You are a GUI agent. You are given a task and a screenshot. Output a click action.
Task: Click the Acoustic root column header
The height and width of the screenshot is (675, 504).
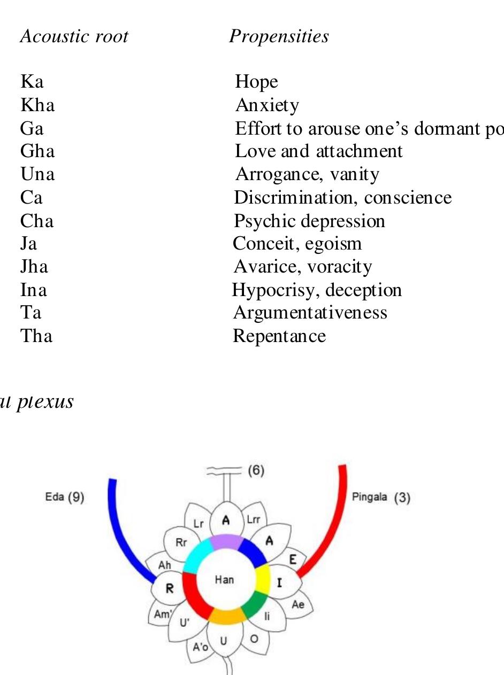click(x=74, y=36)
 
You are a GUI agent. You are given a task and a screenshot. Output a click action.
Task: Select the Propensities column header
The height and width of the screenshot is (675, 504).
click(x=279, y=36)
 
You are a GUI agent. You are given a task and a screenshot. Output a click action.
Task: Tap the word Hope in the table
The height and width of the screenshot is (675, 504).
click(x=256, y=81)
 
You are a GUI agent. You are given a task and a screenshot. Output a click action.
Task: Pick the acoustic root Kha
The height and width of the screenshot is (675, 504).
click(x=37, y=105)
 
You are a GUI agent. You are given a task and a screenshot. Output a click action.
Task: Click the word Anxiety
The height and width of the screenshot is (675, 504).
click(x=267, y=105)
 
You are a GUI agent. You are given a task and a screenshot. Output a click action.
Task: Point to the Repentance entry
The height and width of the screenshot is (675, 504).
click(x=279, y=336)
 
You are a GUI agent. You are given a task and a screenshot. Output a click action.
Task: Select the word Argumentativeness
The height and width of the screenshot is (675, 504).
click(x=310, y=312)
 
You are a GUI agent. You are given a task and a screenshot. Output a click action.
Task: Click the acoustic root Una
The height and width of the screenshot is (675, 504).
click(x=37, y=174)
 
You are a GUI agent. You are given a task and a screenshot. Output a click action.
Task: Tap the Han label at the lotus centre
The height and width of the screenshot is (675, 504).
click(x=224, y=579)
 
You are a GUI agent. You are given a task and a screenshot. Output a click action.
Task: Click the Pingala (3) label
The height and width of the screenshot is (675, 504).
click(x=381, y=498)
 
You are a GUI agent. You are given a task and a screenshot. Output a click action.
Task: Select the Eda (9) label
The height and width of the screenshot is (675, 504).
click(x=65, y=497)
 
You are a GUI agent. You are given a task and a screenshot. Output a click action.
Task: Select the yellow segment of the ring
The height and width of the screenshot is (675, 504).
click(x=262, y=580)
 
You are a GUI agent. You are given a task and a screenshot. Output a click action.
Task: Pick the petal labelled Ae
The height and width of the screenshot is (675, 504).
click(x=298, y=604)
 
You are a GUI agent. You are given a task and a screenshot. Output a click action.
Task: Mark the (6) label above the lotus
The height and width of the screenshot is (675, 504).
click(x=256, y=471)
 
